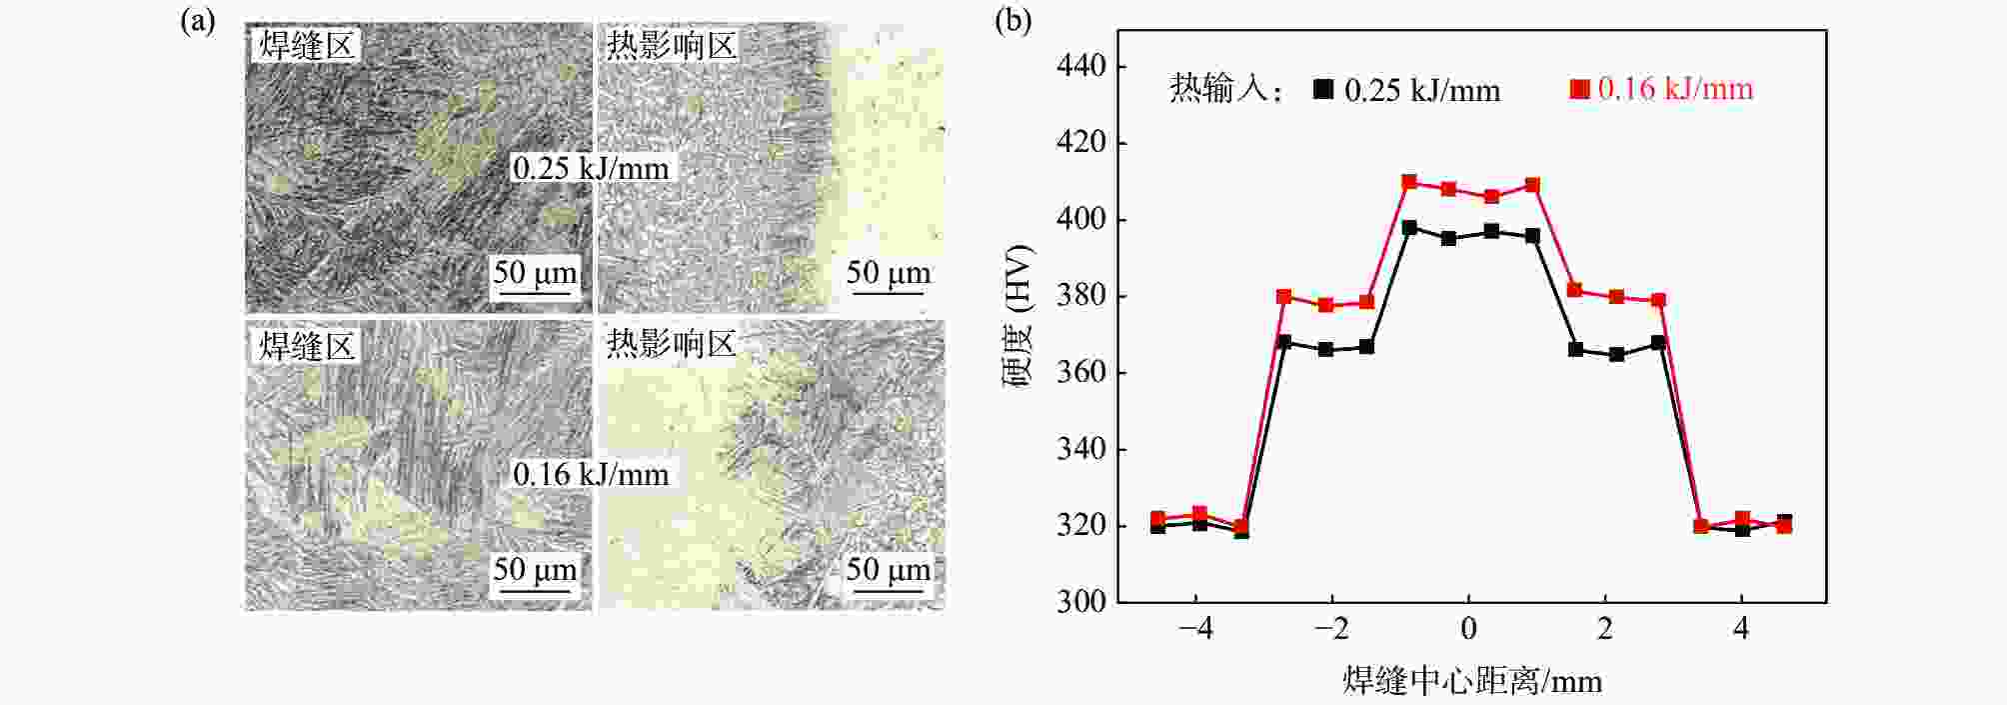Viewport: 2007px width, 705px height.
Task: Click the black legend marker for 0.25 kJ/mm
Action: pos(1323,89)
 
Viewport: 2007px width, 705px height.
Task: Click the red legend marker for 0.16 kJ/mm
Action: pos(1579,89)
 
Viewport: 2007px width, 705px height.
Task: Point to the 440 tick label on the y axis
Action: pos(1080,66)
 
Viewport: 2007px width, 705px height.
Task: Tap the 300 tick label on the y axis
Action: pos(1080,601)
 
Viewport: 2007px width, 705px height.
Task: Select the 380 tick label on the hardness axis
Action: pos(1080,296)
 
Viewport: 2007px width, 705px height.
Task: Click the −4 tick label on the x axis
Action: pos(1195,629)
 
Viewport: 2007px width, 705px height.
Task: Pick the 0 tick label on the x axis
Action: pos(1468,629)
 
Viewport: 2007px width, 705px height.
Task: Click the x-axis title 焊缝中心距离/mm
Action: pos(1471,681)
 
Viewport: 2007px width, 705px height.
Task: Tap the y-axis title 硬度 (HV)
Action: pos(1018,316)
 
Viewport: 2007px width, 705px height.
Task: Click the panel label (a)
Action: pos(198,21)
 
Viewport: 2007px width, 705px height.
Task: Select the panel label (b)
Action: pos(1012,21)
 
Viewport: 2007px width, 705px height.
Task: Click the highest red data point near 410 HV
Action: pos(1409,182)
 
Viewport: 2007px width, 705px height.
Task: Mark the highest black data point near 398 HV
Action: pos(1409,228)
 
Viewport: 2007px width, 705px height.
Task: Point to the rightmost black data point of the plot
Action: pos(1784,522)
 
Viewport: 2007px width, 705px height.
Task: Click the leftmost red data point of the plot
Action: pos(1157,519)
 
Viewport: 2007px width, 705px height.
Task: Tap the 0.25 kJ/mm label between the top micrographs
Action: pos(591,168)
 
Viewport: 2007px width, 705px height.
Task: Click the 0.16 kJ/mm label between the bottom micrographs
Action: pos(591,474)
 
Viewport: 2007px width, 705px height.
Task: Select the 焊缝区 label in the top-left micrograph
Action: pos(307,45)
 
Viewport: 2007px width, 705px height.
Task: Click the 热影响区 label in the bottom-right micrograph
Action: pos(671,344)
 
